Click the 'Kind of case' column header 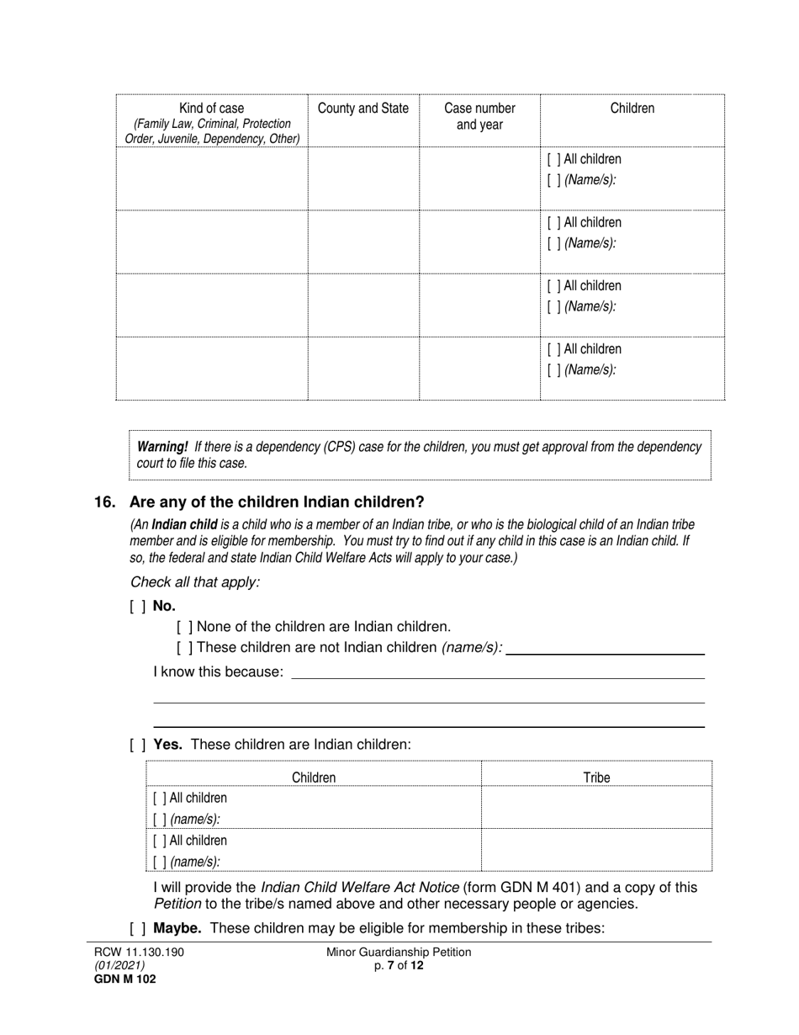click(212, 108)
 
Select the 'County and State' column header click(363, 108)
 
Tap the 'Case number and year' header click(479, 116)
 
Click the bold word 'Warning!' click(162, 447)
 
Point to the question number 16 click(104, 502)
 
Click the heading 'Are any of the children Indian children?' click(277, 502)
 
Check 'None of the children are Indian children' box click(185, 627)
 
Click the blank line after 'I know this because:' click(496, 671)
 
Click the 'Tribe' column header click(596, 778)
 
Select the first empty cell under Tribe click(596, 808)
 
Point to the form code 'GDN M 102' click(124, 979)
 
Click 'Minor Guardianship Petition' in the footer click(399, 953)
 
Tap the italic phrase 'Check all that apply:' click(195, 582)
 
